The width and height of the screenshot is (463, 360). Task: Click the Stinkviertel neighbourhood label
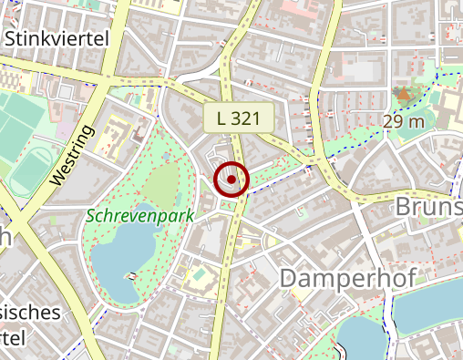[57, 38]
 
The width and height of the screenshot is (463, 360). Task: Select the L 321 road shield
[239, 118]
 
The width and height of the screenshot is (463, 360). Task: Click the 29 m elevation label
[405, 121]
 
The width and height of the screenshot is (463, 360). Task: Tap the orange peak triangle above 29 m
[403, 93]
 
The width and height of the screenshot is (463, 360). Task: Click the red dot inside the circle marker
[232, 180]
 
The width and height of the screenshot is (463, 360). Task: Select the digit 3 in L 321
[242, 118]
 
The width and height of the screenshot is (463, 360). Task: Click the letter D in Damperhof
[290, 278]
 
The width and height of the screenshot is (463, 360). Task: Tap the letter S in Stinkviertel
[11, 38]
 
